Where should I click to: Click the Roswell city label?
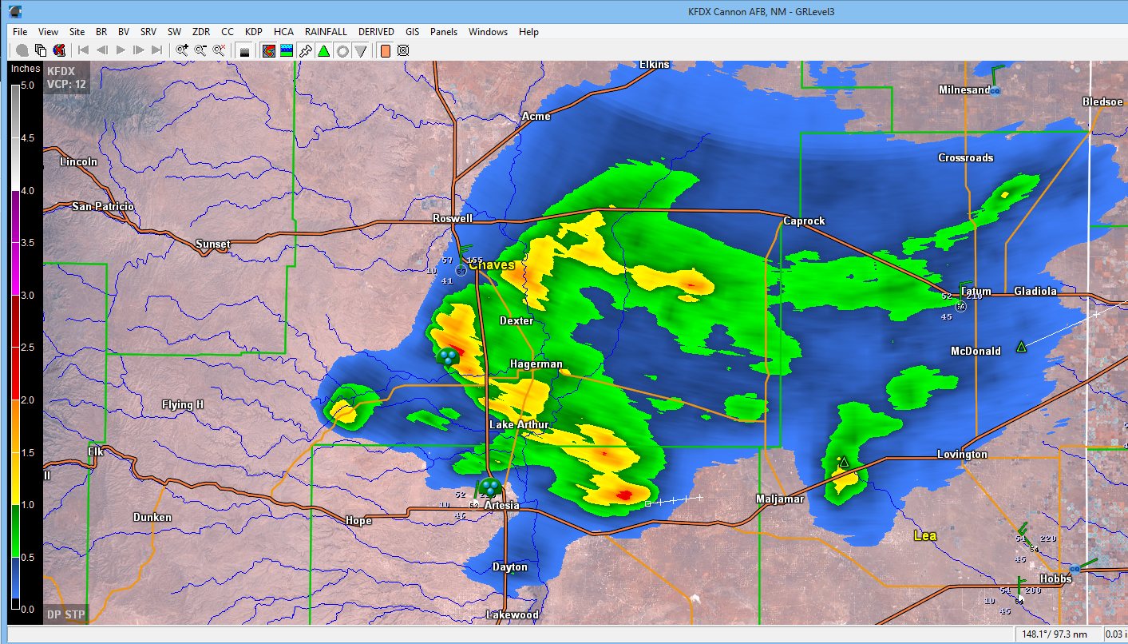click(453, 218)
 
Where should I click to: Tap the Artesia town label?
click(502, 505)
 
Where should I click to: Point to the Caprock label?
click(804, 221)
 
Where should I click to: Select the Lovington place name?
click(962, 454)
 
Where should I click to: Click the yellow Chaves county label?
click(492, 264)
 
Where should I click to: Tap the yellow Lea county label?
click(925, 535)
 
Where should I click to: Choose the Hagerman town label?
click(536, 364)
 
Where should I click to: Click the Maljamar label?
click(779, 499)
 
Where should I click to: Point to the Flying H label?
click(183, 404)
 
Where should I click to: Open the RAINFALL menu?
click(326, 32)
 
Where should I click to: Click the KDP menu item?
click(253, 32)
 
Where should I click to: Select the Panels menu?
click(444, 32)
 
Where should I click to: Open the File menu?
click(20, 32)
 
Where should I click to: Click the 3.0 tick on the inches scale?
click(26, 296)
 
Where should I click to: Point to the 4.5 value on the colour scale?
click(26, 138)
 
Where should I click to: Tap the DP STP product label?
click(65, 614)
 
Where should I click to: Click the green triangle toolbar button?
click(323, 50)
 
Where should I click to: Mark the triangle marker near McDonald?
click(1021, 347)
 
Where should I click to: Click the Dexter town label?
click(516, 320)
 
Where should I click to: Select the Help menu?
click(528, 32)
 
